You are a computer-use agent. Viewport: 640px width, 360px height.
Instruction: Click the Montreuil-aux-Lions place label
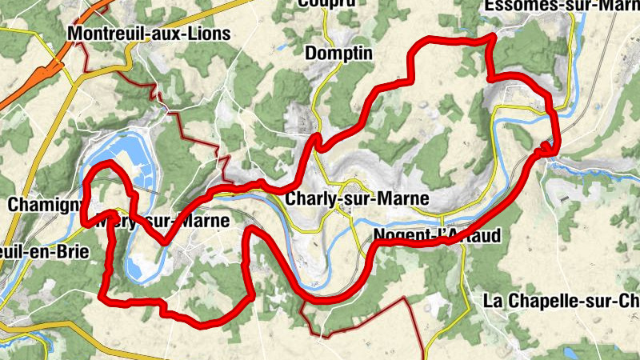[150, 34]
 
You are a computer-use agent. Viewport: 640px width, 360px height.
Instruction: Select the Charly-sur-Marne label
[357, 198]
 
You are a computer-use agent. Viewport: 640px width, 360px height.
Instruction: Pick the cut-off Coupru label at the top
[326, 3]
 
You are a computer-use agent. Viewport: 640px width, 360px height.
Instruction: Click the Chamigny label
[40, 205]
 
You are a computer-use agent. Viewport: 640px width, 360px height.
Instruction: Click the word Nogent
[398, 236]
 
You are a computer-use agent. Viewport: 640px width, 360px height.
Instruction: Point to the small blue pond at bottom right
[570, 352]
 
